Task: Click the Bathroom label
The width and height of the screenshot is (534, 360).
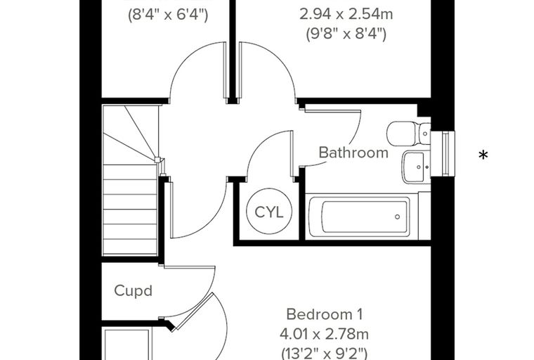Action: pyautogui.click(x=353, y=153)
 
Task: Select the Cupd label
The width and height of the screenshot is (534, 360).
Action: pyautogui.click(x=133, y=291)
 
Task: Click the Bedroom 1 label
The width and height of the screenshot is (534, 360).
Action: pyautogui.click(x=324, y=314)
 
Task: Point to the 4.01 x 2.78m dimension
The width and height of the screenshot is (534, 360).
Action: pyautogui.click(x=324, y=334)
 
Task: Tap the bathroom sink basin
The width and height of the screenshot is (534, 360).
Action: pyautogui.click(x=416, y=167)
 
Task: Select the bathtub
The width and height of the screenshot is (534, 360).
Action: pyautogui.click(x=362, y=217)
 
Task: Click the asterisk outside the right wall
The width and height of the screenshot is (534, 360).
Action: pyautogui.click(x=483, y=155)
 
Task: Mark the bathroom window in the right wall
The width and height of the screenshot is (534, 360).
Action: pyautogui.click(x=443, y=153)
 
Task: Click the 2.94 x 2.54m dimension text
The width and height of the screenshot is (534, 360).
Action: pyautogui.click(x=346, y=14)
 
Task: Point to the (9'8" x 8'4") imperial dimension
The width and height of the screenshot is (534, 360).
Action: pyautogui.click(x=346, y=34)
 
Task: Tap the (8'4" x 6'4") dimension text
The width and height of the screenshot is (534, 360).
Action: pyautogui.click(x=168, y=15)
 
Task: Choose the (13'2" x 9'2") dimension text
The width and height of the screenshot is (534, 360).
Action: pyautogui.click(x=324, y=353)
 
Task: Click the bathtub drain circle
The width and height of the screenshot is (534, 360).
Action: pyautogui.click(x=397, y=217)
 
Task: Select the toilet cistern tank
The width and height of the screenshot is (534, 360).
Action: pyautogui.click(x=425, y=134)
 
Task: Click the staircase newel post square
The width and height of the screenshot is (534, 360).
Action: pyautogui.click(x=157, y=160)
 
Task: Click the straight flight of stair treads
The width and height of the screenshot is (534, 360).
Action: pyautogui.click(x=130, y=210)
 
